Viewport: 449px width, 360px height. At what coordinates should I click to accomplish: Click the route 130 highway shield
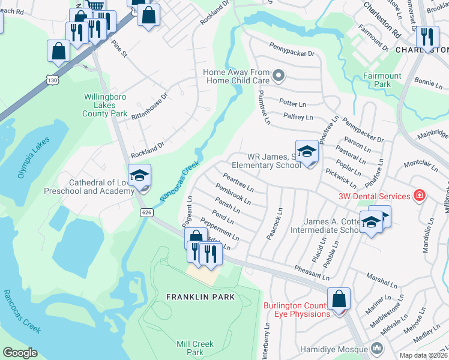tap(52, 80)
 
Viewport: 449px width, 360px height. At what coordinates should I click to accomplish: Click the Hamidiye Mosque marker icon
tap(376, 349)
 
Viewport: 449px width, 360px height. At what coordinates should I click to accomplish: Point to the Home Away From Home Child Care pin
tap(278, 76)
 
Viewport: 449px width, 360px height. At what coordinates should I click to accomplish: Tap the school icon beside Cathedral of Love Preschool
tap(139, 176)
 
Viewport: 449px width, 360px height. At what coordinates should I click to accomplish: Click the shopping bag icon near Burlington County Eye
tap(339, 298)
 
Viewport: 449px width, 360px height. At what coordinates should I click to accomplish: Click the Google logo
tap(20, 353)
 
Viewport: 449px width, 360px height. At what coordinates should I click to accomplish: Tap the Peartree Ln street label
tap(238, 182)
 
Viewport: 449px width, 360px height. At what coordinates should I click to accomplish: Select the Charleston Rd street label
tap(382, 17)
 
